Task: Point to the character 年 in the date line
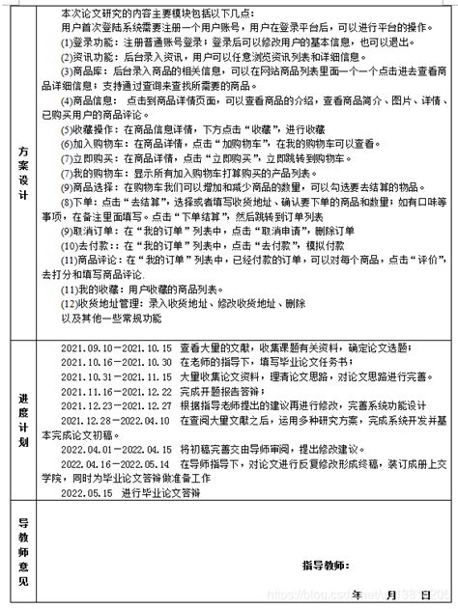[x=357, y=593]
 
